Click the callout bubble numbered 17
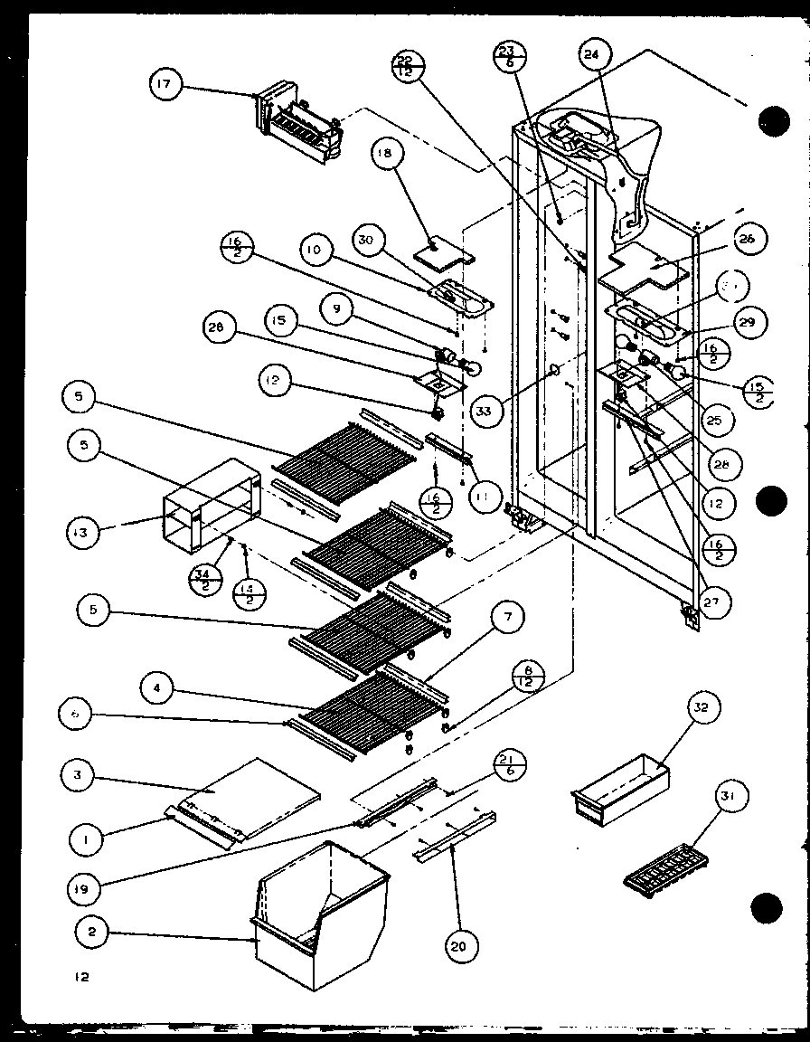point(166,86)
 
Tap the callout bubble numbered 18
point(387,155)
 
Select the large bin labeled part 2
point(321,914)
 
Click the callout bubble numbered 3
point(79,775)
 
